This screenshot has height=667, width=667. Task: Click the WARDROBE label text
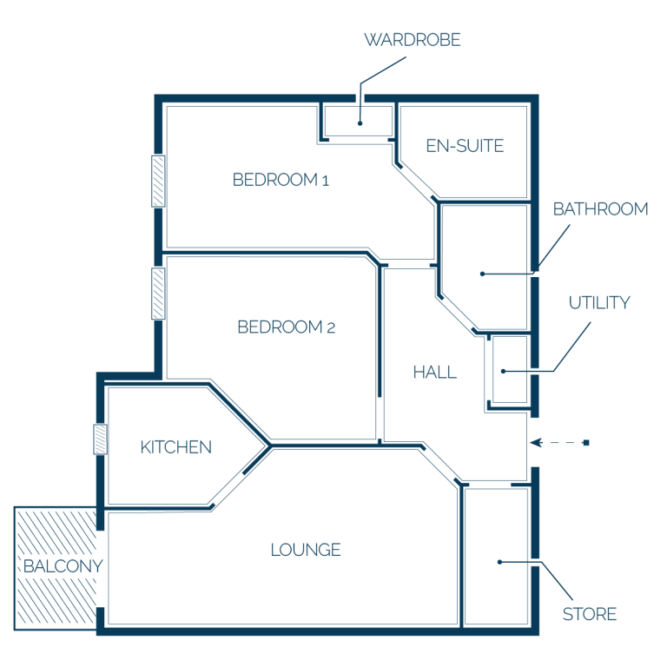coord(413,40)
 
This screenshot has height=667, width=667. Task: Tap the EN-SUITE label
coord(465,146)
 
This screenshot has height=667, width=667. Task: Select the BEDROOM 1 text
coord(281,180)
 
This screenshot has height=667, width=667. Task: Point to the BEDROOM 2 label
coord(286,327)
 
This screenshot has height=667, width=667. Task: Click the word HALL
coord(434,373)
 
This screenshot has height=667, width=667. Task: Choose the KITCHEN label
coord(175,447)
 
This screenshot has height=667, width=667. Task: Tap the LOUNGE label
coord(306,550)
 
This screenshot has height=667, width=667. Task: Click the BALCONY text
coord(63,566)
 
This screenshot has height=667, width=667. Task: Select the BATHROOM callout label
coord(600,208)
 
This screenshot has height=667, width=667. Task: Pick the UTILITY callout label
coord(599,302)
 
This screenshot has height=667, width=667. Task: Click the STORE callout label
coord(589,614)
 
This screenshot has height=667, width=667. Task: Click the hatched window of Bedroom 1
coord(158,182)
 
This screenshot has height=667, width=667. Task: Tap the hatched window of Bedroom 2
coord(158,294)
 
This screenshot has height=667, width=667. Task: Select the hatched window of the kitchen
coord(101,439)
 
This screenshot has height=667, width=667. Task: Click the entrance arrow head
coord(536,443)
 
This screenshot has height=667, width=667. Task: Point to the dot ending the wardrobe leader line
coord(360,123)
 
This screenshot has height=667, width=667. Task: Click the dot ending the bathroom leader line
coord(482,274)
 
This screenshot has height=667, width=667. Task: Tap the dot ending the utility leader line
coord(503,372)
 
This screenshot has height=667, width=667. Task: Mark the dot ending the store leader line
coord(500,562)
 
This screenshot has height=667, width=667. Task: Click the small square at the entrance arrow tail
coord(586,443)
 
